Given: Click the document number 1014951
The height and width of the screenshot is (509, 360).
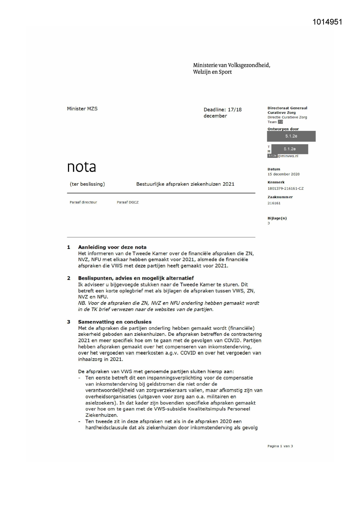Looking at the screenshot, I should click(x=327, y=22).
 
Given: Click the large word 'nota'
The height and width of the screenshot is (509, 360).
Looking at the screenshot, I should click(x=82, y=167).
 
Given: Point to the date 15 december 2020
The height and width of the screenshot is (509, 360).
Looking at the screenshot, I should click(x=283, y=174).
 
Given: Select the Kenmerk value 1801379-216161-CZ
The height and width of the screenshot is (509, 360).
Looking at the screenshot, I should click(x=285, y=188).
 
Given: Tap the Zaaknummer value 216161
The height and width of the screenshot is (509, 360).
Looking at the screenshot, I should click(x=274, y=203).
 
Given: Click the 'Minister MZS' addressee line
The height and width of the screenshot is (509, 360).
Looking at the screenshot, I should click(x=82, y=109).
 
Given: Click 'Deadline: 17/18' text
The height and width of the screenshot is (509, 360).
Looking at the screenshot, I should click(x=222, y=110).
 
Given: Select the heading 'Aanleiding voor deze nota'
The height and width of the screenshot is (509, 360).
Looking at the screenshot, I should click(x=112, y=247).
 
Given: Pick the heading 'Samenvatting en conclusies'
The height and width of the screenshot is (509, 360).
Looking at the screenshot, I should click(x=115, y=322).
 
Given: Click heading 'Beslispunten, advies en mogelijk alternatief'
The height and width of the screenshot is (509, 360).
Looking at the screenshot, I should click(x=136, y=278).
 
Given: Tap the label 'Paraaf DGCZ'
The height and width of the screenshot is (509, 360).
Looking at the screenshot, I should click(x=128, y=202).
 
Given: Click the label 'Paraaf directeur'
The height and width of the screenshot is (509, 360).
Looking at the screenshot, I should click(x=83, y=202).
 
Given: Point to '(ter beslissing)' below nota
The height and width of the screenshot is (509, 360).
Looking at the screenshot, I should click(x=87, y=184).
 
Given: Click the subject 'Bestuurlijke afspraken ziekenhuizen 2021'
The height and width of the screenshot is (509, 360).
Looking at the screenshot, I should click(x=185, y=184).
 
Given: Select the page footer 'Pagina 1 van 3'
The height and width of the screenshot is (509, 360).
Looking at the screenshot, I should click(x=280, y=446).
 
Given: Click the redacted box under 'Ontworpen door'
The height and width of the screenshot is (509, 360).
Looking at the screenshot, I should click(x=291, y=136).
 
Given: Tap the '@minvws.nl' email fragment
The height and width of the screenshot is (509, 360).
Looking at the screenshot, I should click(x=288, y=156).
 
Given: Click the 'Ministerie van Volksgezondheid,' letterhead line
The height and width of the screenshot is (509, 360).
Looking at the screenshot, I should click(x=231, y=65).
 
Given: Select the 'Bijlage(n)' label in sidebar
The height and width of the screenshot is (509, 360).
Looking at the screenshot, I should click(x=277, y=218).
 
